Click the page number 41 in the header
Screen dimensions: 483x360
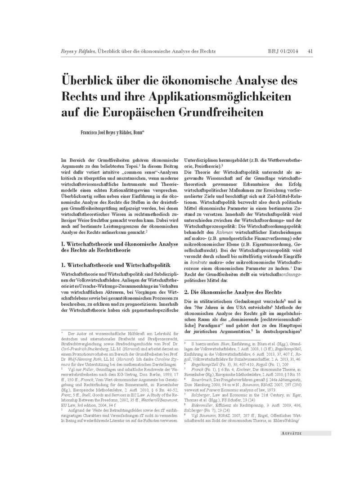coord(310,51)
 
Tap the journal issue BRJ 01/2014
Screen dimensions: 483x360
coord(282,51)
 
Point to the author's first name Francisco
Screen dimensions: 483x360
coord(91,133)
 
